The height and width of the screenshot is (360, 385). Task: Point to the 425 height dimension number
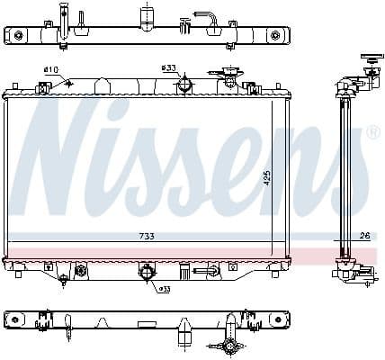click(267, 179)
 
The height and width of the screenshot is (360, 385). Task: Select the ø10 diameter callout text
click(51, 70)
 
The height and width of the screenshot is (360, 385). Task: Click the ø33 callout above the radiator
click(168, 68)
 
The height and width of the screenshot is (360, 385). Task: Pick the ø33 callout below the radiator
click(164, 289)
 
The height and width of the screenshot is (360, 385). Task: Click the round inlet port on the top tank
click(185, 84)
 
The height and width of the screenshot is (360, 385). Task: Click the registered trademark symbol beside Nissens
click(373, 132)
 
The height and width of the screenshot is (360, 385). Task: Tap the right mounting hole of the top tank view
click(276, 36)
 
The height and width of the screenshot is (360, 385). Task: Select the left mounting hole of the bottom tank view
click(15, 319)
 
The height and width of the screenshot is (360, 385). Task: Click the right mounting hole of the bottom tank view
click(276, 319)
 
